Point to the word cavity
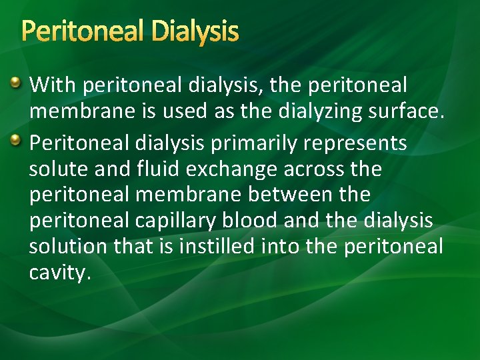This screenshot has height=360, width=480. point(59,273)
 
